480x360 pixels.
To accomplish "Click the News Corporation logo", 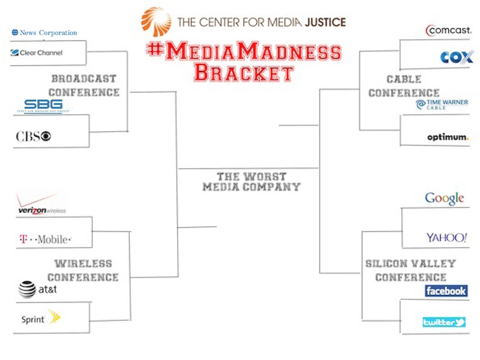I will point(44,33).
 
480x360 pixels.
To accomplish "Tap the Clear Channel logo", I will point(36,53).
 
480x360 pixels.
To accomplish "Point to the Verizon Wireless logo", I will point(41,204).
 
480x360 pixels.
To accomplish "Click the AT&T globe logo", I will point(27,289).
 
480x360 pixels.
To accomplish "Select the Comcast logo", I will point(448,31).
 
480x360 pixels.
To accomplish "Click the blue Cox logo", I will point(456,57).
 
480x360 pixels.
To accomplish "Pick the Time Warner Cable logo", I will point(442,105).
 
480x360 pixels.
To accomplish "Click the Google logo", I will point(444,198).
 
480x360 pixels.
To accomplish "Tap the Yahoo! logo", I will point(446,237).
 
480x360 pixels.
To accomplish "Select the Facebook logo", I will point(446,291).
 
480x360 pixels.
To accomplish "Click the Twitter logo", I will point(444,323).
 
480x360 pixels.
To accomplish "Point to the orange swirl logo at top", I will point(156,22).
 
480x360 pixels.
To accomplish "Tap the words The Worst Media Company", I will point(251,181).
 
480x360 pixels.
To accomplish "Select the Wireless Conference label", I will point(83,270).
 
